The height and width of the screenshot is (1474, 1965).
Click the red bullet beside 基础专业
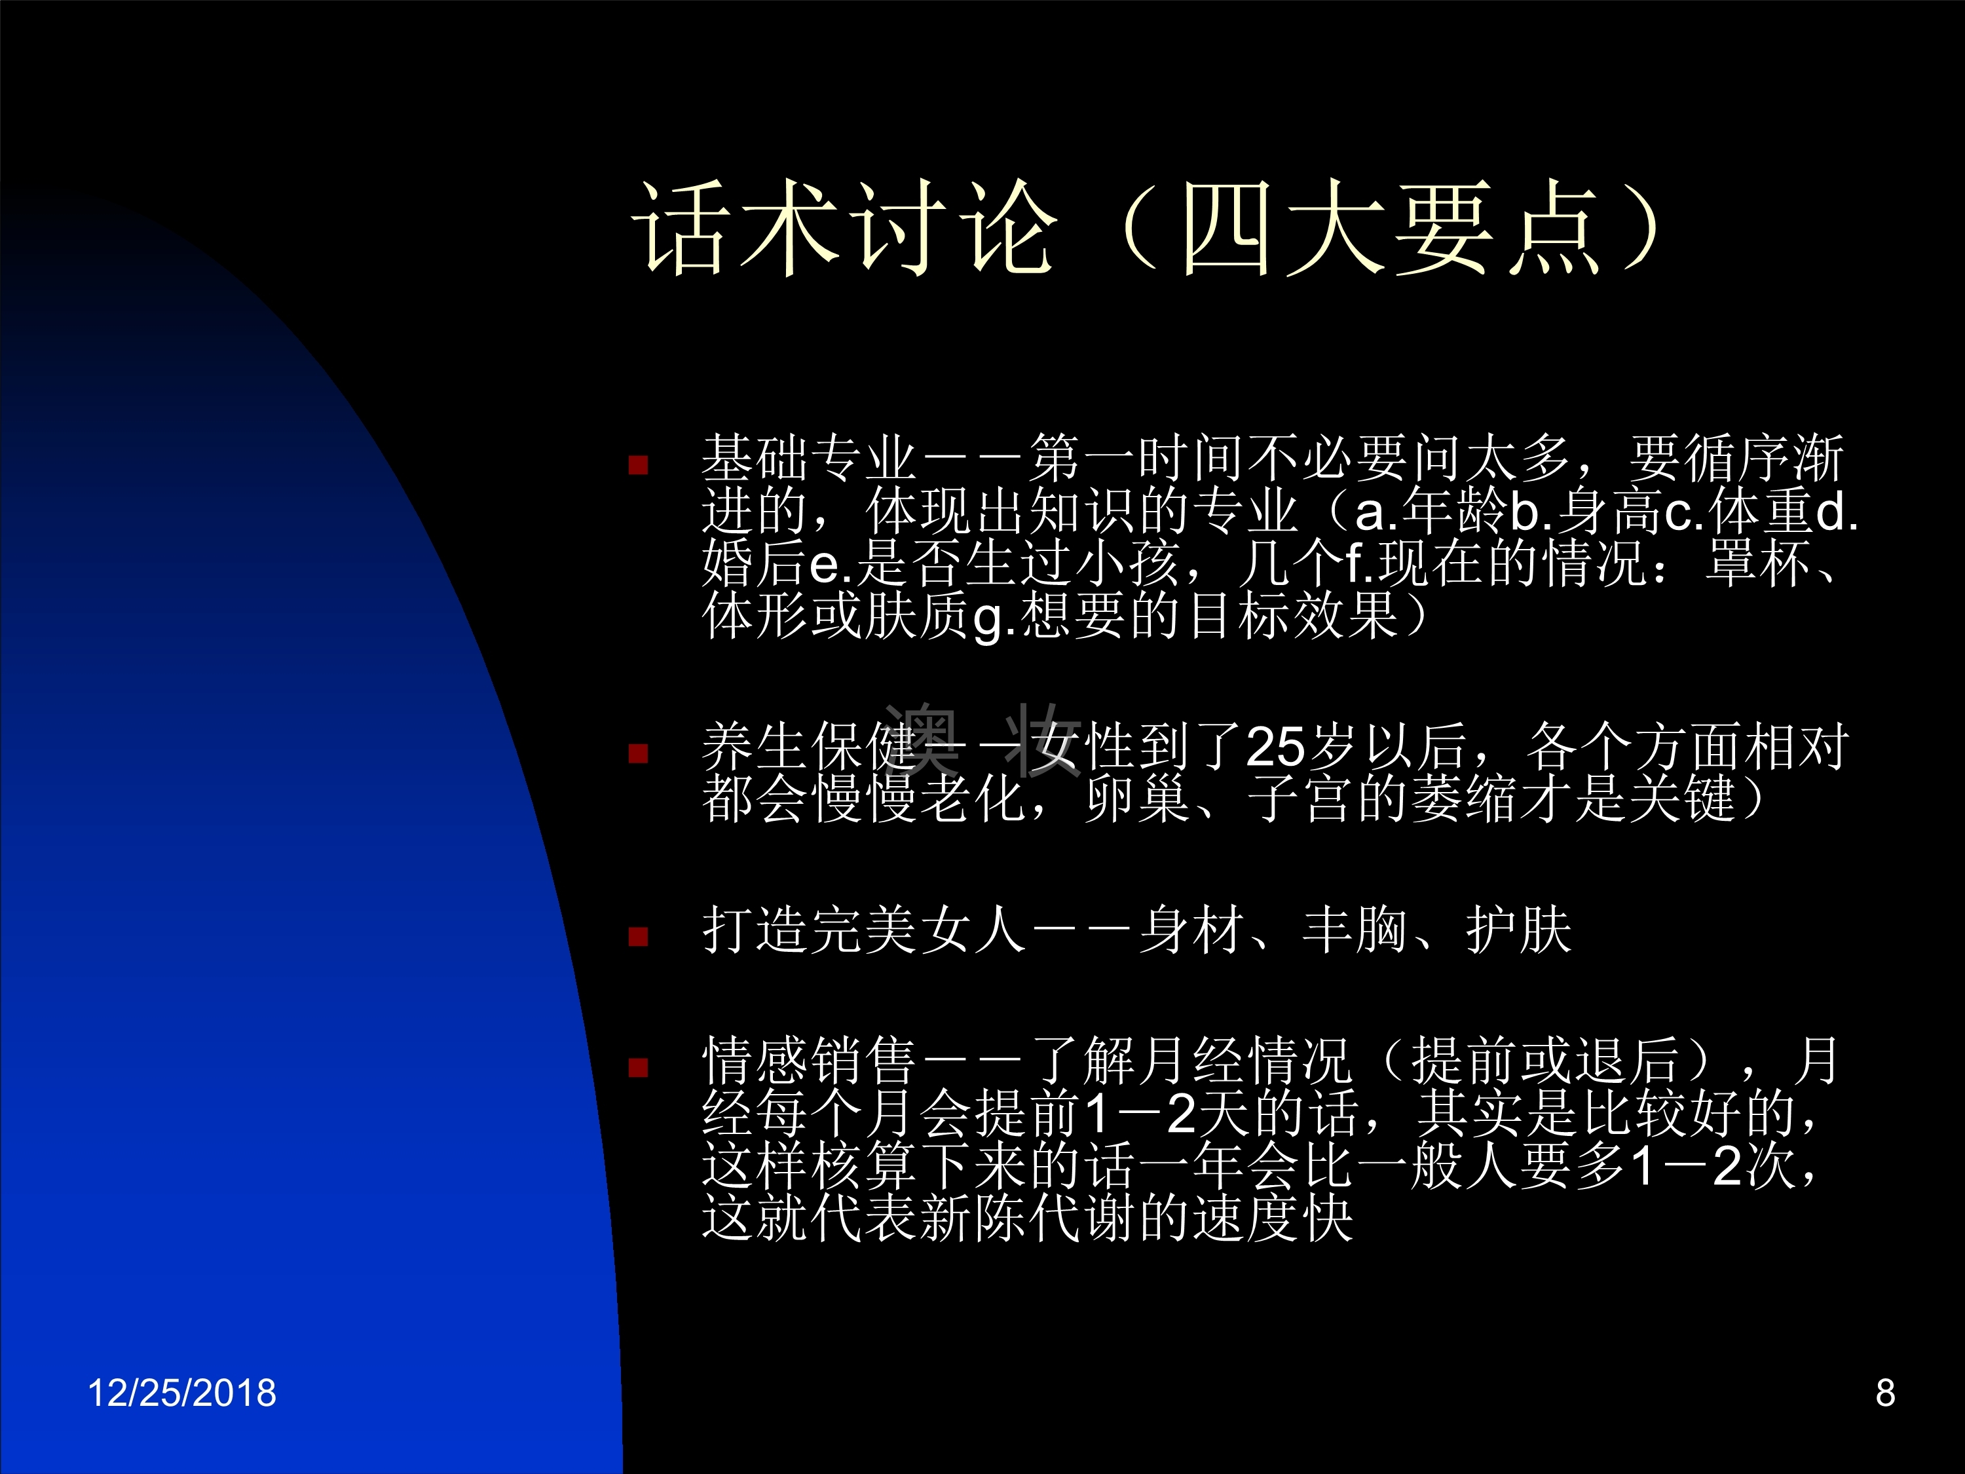[x=638, y=464]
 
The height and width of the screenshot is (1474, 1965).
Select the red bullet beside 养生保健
[x=638, y=753]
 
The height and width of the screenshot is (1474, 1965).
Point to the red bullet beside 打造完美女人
[x=638, y=936]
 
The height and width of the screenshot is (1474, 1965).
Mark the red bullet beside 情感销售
[x=638, y=1067]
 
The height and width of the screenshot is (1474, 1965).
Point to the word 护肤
[x=1519, y=930]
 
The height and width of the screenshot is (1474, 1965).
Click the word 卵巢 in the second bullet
[x=1138, y=798]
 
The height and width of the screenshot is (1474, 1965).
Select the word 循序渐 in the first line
[x=1763, y=459]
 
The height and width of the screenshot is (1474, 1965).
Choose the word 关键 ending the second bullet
[x=1683, y=798]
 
